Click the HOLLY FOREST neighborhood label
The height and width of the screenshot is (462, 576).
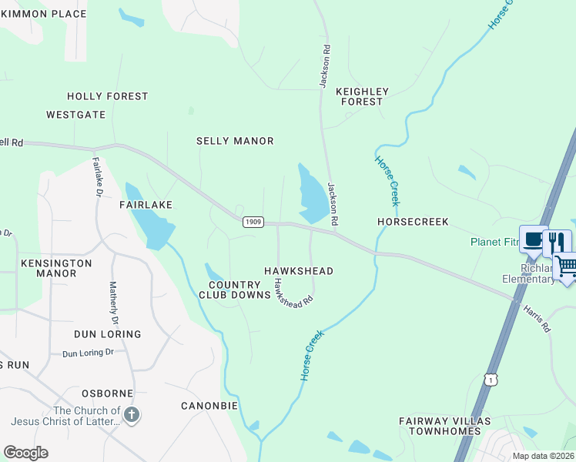107,96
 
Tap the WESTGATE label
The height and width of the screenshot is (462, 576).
75,115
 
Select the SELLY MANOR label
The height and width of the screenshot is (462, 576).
235,141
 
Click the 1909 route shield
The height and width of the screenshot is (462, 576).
253,222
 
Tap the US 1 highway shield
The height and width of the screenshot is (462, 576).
492,380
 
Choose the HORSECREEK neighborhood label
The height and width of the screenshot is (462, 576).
413,222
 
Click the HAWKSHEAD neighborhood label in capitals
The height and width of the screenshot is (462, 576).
299,271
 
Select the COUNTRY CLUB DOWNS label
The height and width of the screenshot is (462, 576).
235,289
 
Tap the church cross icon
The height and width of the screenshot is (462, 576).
132,416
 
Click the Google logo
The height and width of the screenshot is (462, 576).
25,453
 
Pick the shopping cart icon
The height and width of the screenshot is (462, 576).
565,266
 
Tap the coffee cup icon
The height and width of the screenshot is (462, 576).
532,239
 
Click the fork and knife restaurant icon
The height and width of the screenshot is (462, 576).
557,242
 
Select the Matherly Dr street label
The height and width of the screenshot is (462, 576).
115,303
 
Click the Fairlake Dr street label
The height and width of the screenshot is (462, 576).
97,177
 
